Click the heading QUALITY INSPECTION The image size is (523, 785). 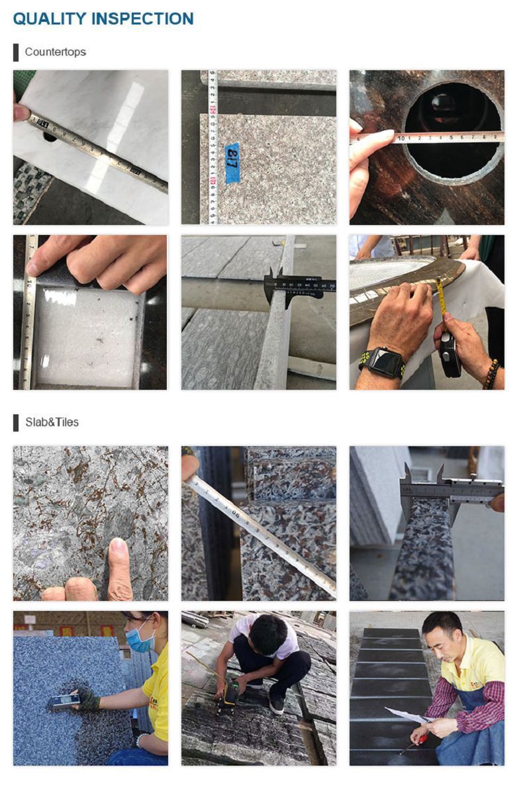coord(103,19)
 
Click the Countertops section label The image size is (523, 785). coord(55,52)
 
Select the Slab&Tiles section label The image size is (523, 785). coord(52,422)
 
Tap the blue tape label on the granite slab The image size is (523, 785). coord(232,162)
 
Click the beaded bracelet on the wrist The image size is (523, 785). coord(491,374)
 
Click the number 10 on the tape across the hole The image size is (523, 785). coord(401,138)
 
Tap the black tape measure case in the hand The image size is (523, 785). coord(450,353)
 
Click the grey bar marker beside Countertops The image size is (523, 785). coord(16,52)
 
